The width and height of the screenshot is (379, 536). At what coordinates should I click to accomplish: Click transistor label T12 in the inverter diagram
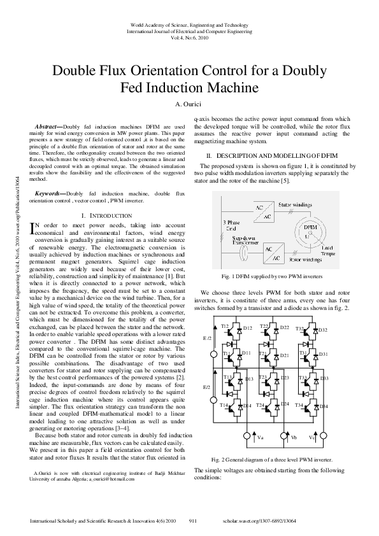click(x=225, y=327)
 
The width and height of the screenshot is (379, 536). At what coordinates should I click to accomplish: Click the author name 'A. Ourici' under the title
click(x=189, y=104)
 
